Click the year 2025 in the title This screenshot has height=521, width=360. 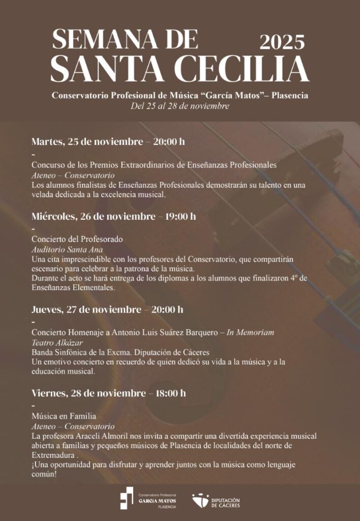coord(282,41)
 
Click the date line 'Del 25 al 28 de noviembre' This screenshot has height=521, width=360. coord(180,106)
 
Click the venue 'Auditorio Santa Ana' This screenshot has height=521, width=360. coord(67,249)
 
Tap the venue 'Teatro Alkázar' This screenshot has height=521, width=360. coord(57,342)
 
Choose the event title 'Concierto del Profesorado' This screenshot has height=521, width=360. coord(77,239)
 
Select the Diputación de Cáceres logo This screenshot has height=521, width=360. coord(216,501)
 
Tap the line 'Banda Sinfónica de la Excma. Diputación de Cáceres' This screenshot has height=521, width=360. coord(121,352)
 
